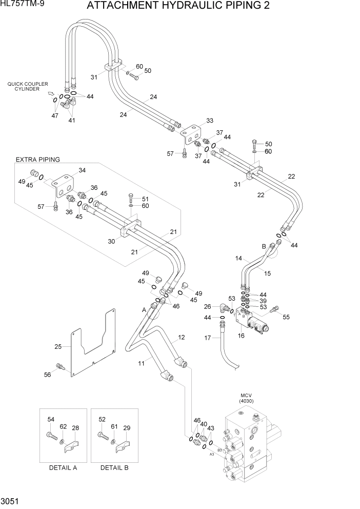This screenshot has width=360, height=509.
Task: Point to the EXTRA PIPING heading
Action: (x=37, y=160)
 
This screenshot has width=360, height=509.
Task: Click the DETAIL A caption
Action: (x=63, y=467)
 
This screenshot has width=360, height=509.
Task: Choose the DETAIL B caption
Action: (x=114, y=467)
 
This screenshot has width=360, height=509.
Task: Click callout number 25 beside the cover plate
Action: (x=58, y=347)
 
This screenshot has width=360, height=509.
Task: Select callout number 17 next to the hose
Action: (x=208, y=338)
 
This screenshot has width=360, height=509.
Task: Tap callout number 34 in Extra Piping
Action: (x=83, y=170)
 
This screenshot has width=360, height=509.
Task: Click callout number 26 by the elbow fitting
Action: (x=207, y=307)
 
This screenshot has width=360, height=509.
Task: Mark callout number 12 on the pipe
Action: (x=181, y=338)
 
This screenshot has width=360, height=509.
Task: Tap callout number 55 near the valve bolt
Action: (x=286, y=317)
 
